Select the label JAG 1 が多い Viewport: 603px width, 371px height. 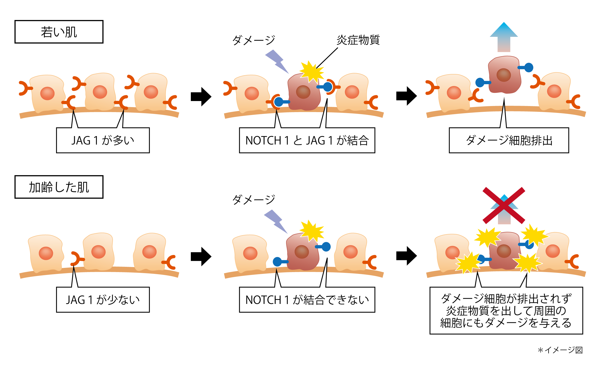coord(103,140)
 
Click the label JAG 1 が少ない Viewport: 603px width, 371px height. coord(103,300)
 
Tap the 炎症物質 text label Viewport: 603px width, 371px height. coord(358,40)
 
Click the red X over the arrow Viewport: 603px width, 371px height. coord(504,205)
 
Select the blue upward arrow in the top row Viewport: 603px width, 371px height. coord(504,37)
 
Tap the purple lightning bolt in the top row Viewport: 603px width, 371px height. coord(277,62)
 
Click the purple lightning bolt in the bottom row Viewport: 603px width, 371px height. coord(276,222)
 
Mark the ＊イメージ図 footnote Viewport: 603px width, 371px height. coord(560,350)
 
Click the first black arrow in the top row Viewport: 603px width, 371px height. coord(201,97)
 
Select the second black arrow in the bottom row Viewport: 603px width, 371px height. coord(407,256)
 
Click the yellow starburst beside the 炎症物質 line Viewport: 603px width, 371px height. coord(312,72)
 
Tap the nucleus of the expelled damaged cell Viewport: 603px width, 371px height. coord(504,75)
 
